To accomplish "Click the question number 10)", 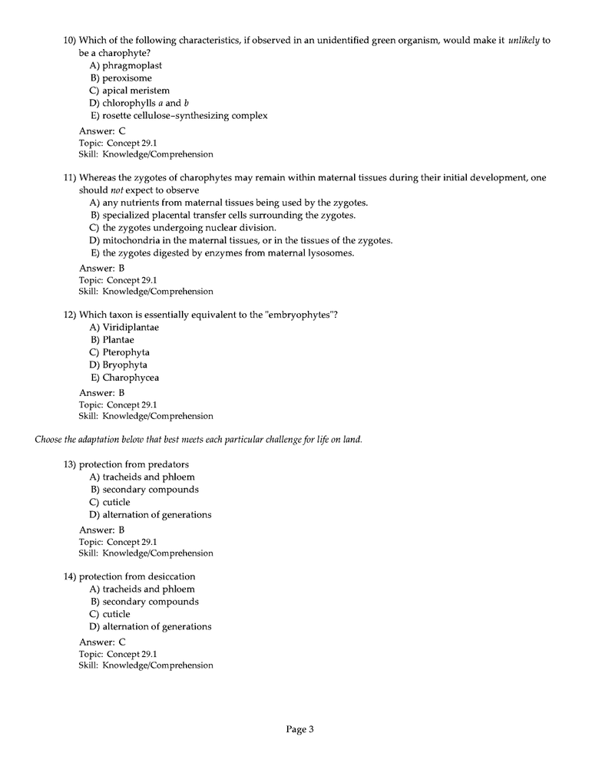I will point(70,40).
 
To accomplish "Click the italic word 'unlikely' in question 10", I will point(524,40).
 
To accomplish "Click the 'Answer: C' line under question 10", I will point(102,131).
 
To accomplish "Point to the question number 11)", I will point(70,177).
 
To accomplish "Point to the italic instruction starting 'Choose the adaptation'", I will point(198,440).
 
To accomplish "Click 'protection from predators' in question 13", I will point(134,464).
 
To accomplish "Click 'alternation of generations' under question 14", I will point(157,627).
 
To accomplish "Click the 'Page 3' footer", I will point(300,730).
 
